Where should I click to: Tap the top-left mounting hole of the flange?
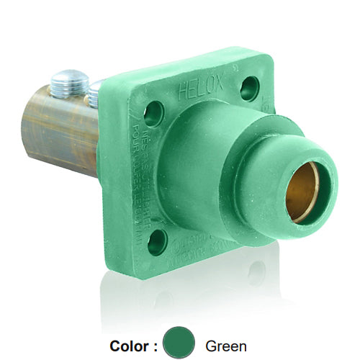(x=153, y=113)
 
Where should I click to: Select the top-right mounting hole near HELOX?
(x=250, y=89)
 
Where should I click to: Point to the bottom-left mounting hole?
(x=157, y=242)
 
